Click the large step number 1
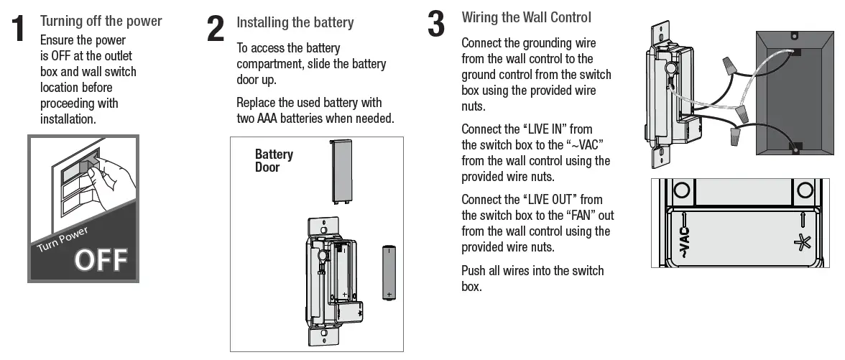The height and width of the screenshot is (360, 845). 20,29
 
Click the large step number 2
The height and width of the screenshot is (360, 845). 216,29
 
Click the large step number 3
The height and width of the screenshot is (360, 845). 436,23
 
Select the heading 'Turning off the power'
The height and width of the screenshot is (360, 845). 101,21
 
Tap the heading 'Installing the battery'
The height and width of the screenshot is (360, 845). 295,23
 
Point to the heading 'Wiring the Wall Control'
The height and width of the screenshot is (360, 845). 526,17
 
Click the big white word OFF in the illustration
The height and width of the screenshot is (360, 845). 101,259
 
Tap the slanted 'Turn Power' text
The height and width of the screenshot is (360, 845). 63,239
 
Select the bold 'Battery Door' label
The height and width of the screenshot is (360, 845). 274,160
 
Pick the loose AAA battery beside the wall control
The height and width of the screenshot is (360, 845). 389,272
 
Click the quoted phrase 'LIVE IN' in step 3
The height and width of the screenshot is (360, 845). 547,129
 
